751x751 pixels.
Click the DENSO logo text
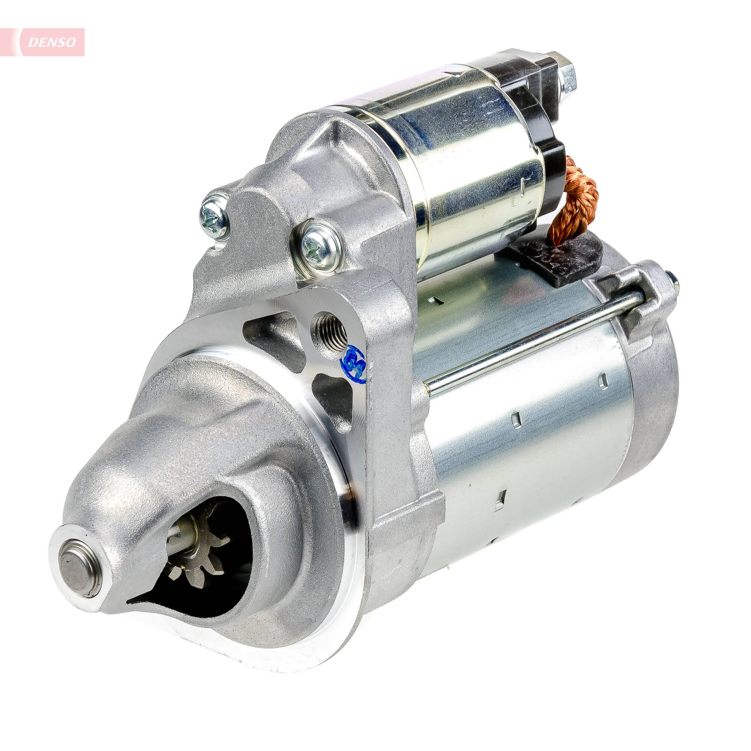[52, 42]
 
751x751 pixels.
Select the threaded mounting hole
[331, 332]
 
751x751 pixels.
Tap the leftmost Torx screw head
[213, 217]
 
